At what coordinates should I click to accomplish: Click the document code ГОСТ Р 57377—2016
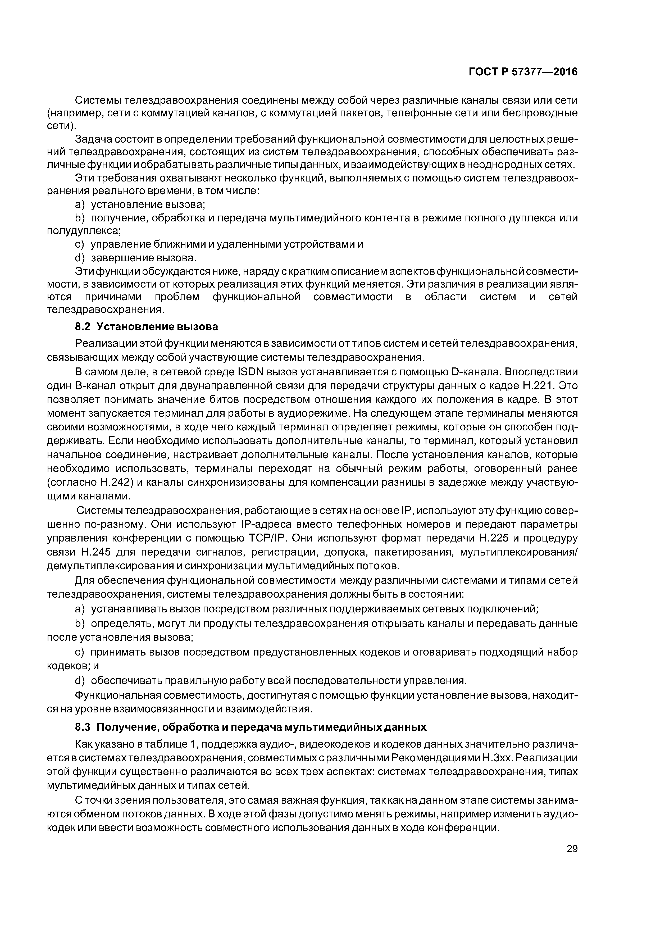(523, 72)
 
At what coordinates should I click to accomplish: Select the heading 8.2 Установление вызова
(147, 326)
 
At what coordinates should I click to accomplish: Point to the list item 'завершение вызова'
(143, 258)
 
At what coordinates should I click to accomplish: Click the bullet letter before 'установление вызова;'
(79, 204)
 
